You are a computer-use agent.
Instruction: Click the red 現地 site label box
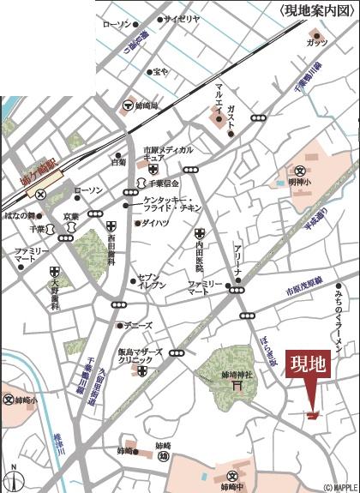(x=309, y=364)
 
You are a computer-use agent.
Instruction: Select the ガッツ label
(x=316, y=42)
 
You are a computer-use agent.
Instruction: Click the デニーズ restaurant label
(x=138, y=327)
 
